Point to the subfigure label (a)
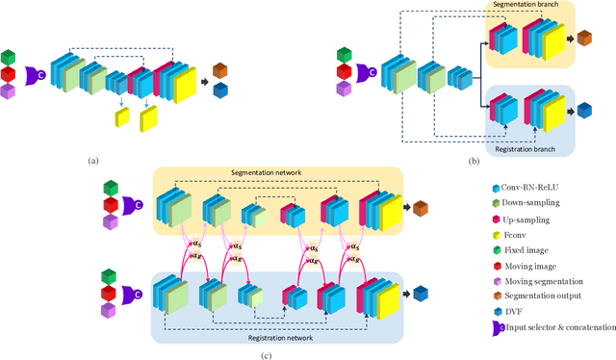click(x=92, y=160)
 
